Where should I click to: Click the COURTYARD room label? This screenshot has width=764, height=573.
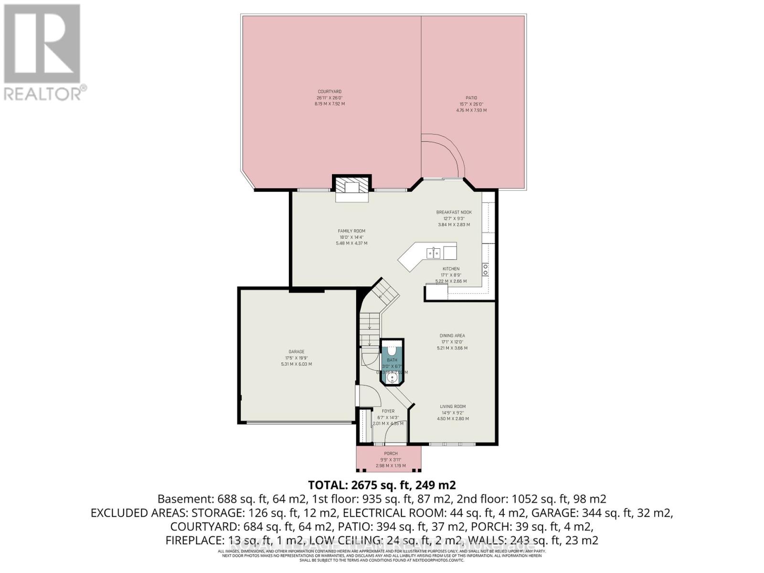pos(329,92)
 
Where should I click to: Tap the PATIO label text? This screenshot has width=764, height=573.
pos(471,98)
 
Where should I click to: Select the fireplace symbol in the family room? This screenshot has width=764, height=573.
pos(352,187)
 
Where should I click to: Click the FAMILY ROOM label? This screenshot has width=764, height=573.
pos(351,231)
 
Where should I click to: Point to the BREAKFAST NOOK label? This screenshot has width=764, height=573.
pos(454,212)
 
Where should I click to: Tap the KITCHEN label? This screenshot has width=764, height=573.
pos(451,269)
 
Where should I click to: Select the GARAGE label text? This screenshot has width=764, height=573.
pos(296,352)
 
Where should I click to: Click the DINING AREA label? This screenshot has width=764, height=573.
pos(452,336)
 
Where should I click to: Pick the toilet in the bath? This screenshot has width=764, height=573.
pos(392,350)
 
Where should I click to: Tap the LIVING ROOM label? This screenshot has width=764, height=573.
pos(453,407)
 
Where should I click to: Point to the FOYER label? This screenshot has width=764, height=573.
pos(388,411)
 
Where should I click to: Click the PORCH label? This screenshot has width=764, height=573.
pos(391,454)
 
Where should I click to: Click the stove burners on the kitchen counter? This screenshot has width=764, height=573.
pos(486,270)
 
